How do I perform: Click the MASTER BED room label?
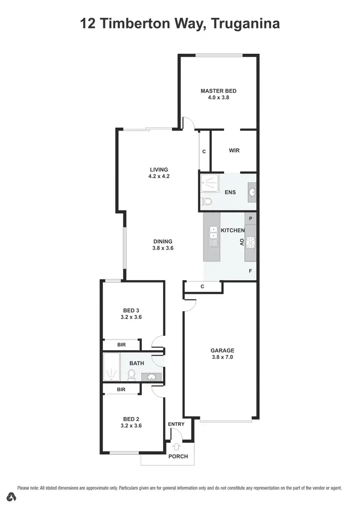click(218, 91)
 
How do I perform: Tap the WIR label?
click(234, 151)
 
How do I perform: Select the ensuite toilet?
click(207, 202)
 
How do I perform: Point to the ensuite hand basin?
click(252, 192)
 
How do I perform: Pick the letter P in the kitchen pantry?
click(251, 218)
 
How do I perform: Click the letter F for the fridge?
click(251, 271)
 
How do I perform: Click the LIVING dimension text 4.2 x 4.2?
click(159, 176)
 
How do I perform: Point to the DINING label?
click(163, 241)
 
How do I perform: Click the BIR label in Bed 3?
click(121, 345)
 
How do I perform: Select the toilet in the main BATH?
click(132, 374)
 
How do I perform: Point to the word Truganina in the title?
click(245, 23)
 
